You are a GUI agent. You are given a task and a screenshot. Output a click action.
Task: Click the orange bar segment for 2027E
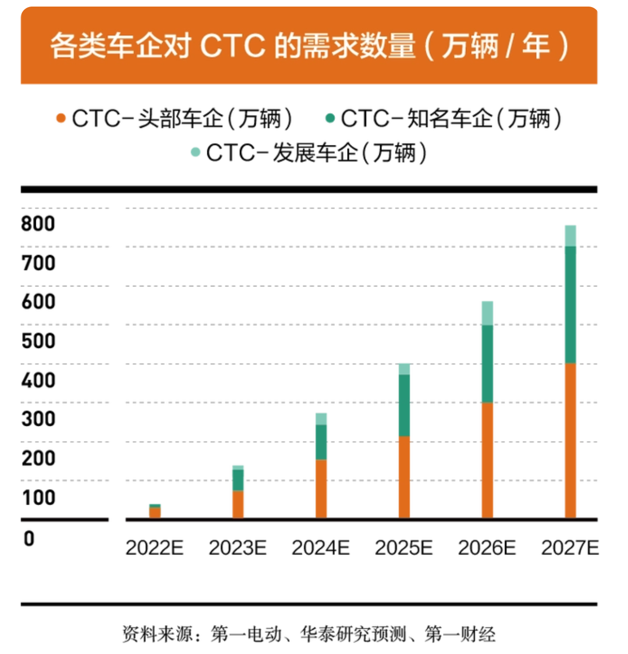tap(570, 440)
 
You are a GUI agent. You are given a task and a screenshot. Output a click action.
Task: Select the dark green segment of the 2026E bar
tap(487, 364)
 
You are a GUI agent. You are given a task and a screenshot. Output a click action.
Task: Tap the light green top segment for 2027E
tap(570, 236)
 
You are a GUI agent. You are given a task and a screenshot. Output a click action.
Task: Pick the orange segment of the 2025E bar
tap(404, 477)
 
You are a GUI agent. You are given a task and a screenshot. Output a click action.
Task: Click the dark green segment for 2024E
tap(321, 442)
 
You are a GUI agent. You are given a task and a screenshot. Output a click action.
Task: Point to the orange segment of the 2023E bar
tap(238, 504)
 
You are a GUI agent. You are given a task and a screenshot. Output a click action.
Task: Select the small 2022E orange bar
tap(155, 513)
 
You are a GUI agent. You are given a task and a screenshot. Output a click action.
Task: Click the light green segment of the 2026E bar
tap(487, 313)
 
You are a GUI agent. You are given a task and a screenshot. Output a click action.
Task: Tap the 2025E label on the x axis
tap(404, 548)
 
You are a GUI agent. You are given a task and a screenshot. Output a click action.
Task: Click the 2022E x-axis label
tap(154, 548)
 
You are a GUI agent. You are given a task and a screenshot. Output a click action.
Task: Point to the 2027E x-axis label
tap(570, 548)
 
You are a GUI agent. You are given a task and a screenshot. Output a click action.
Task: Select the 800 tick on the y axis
tap(38, 224)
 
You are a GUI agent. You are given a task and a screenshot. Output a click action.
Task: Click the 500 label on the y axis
tap(38, 341)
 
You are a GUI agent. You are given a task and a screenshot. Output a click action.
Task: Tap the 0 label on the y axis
tap(29, 538)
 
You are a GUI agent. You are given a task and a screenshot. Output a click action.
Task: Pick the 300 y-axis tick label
tap(38, 419)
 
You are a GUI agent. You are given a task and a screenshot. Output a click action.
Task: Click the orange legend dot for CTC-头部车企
tap(61, 119)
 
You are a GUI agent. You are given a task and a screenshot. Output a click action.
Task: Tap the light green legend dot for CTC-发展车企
tap(196, 152)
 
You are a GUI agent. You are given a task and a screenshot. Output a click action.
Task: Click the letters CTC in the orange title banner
tap(233, 46)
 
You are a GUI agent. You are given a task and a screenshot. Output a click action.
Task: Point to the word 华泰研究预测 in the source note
tap(353, 634)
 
